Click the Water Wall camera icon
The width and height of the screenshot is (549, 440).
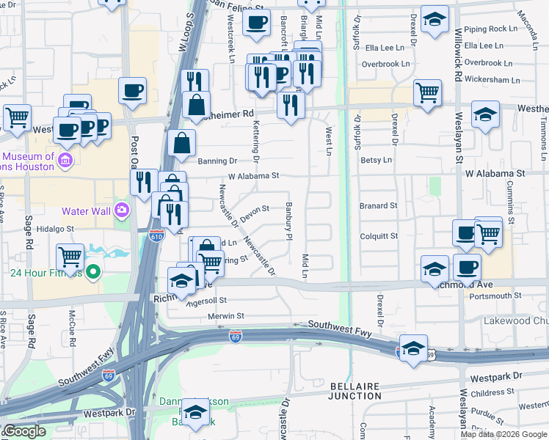[x=121, y=211]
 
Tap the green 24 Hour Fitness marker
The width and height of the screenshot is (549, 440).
[x=92, y=274]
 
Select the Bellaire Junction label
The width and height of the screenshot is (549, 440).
[x=354, y=391]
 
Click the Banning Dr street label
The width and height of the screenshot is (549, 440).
[x=217, y=160]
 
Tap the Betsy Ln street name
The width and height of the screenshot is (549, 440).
[x=376, y=159]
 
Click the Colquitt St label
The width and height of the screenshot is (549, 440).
[x=379, y=236]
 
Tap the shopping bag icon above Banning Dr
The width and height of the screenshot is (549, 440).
[x=181, y=143]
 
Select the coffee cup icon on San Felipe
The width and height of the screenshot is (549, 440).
[x=256, y=23]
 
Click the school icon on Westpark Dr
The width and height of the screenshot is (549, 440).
[x=195, y=414]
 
